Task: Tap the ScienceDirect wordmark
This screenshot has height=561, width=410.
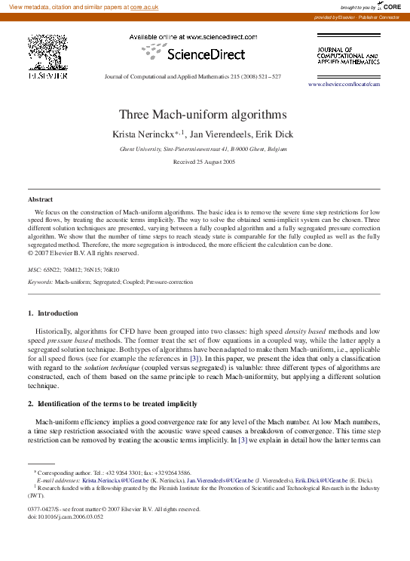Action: point(205,54)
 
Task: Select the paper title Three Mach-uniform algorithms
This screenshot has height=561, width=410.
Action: point(203,115)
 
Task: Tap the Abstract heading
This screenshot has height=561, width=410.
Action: point(41,199)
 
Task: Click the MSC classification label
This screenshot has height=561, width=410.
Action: point(35,269)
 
